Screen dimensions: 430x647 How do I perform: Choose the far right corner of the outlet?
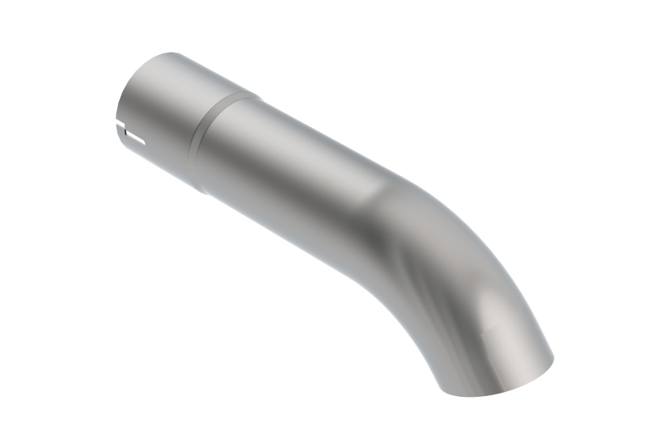coord(555,360)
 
